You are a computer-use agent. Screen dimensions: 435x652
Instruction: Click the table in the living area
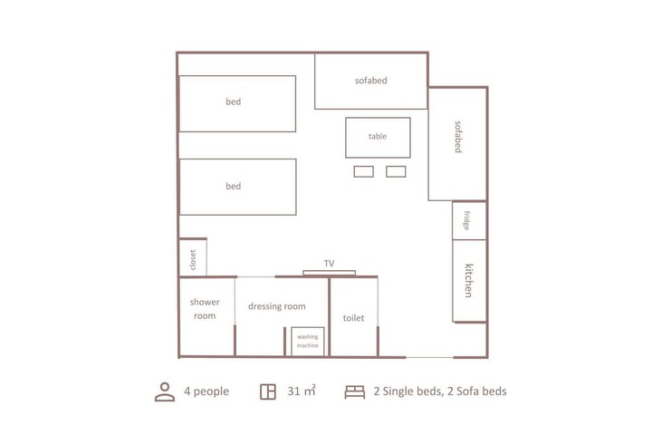click(x=378, y=137)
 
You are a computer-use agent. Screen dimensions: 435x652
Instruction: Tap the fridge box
click(x=469, y=220)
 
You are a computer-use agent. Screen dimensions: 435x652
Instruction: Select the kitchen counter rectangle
click(x=469, y=280)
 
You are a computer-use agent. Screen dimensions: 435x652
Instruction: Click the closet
click(x=193, y=257)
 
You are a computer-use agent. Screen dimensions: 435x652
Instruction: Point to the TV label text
click(x=330, y=264)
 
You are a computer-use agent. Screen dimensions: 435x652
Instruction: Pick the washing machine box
click(x=307, y=341)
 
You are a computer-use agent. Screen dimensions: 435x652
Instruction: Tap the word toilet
click(x=353, y=318)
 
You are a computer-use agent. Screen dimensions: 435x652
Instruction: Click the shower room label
click(x=204, y=309)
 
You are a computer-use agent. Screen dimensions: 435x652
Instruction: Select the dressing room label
click(x=276, y=306)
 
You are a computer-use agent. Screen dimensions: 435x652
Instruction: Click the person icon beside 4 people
click(x=164, y=391)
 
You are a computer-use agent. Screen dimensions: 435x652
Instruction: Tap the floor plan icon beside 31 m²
click(x=267, y=391)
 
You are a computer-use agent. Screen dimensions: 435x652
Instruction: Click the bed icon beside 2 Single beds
click(x=354, y=391)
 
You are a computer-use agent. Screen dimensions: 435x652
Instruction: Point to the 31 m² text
click(x=302, y=391)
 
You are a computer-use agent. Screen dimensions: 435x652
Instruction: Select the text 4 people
click(x=206, y=391)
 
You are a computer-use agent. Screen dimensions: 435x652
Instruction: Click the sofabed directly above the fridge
click(x=457, y=144)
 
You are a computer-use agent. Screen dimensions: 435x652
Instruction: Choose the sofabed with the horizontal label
click(x=370, y=81)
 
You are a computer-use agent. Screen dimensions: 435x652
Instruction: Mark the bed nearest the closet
click(x=237, y=187)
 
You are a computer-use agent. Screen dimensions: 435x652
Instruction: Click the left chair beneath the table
click(x=363, y=171)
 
